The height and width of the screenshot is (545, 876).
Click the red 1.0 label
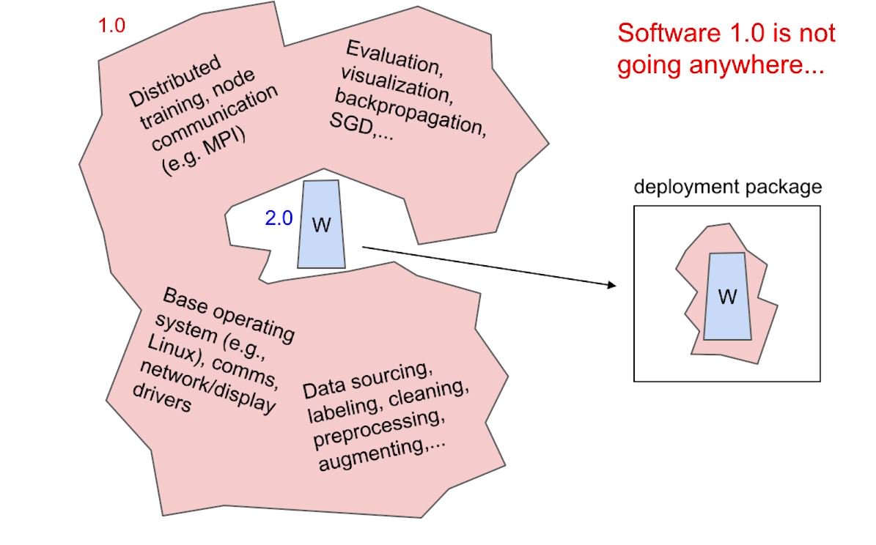(x=112, y=26)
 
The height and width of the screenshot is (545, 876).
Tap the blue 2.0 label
(x=279, y=218)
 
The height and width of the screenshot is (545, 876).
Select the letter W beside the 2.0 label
(x=321, y=225)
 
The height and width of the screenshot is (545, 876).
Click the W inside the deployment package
(x=727, y=297)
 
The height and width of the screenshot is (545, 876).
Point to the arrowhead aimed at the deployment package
(x=612, y=284)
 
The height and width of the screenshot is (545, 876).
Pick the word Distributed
(x=174, y=80)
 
